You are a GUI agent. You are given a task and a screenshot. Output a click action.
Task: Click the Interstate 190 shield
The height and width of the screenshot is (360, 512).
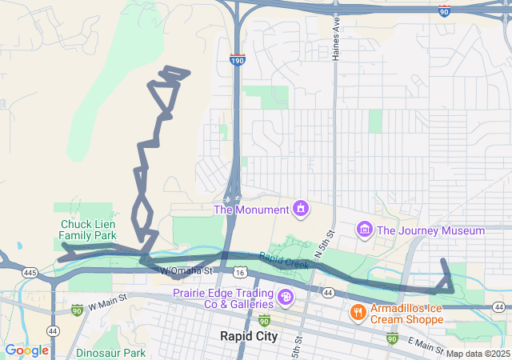pos(237,59)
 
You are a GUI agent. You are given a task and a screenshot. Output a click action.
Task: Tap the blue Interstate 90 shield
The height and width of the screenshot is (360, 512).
pos(444,10)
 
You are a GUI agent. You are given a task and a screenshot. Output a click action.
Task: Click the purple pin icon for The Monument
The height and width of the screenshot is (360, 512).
pos(300,210)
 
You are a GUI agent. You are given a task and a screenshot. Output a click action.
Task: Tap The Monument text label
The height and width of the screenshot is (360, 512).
pos(250,210)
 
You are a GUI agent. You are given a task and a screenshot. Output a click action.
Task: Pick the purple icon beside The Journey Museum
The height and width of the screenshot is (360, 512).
pos(365,230)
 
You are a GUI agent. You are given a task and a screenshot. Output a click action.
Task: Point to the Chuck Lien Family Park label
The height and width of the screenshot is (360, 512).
pos(88,230)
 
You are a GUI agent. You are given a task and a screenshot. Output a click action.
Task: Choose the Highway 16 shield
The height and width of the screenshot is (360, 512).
pos(240,272)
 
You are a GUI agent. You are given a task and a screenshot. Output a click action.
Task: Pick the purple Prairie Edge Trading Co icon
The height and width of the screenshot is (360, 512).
pos(286,298)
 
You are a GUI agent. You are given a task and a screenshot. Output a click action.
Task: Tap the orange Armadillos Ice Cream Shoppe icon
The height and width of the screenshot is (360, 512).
pos(358,312)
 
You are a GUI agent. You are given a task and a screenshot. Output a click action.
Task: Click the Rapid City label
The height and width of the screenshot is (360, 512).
pos(249,336)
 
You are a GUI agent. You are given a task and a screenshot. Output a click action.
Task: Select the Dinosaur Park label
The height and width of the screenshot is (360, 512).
pos(110,352)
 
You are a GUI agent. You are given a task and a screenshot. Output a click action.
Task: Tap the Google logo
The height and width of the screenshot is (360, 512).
pos(26,350)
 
